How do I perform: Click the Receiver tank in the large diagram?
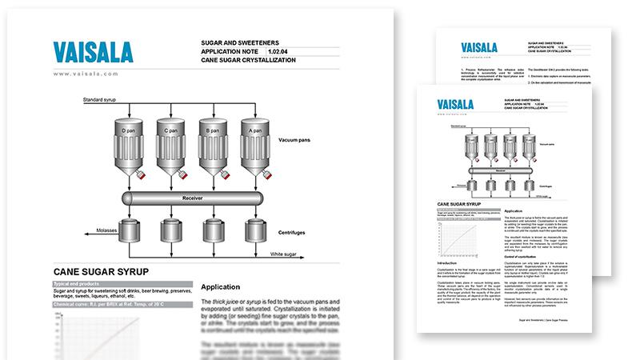[193, 196]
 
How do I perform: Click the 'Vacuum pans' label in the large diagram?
[298, 140]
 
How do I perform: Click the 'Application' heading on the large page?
[222, 286]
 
